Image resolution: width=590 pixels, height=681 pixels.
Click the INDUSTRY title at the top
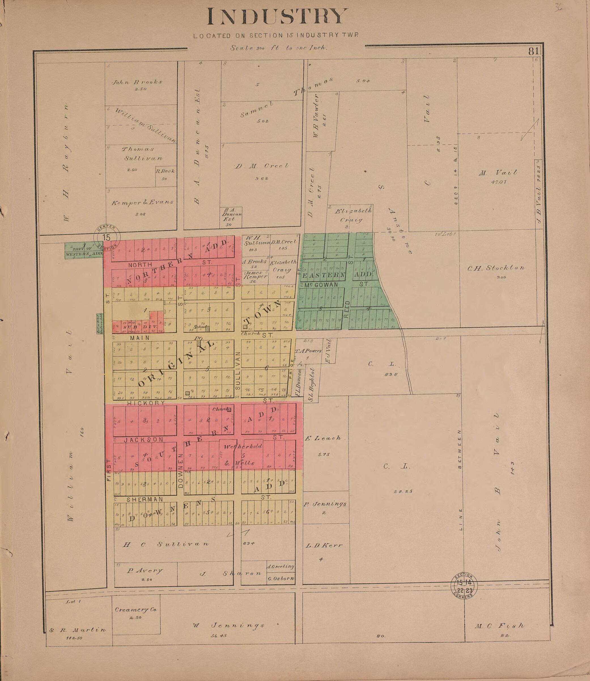(277, 16)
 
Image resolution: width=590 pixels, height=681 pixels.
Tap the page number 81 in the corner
(534, 51)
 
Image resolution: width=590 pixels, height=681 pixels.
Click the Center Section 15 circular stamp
(107, 237)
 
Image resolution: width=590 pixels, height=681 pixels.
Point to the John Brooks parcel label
(137, 82)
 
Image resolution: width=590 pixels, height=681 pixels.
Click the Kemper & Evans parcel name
(142, 203)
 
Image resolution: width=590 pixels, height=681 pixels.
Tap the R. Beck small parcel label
(165, 171)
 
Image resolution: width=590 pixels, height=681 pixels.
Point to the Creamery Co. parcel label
(136, 610)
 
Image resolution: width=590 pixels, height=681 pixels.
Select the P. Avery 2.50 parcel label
(145, 571)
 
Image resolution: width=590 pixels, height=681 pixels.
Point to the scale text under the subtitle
(278, 48)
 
